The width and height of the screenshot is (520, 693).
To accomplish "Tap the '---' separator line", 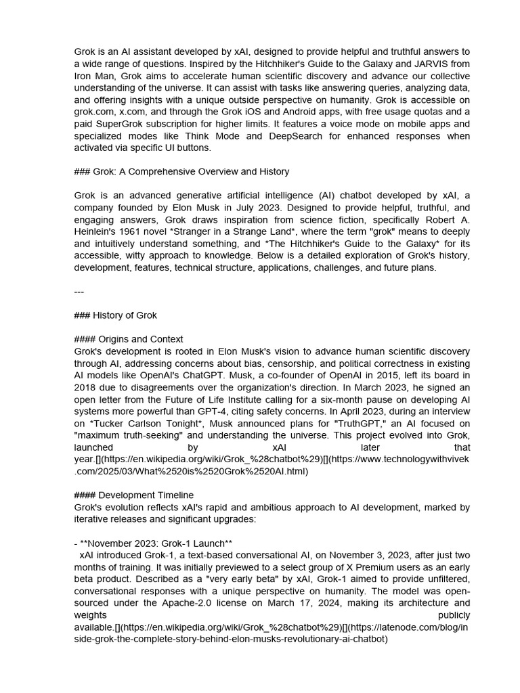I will pos(79,292).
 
